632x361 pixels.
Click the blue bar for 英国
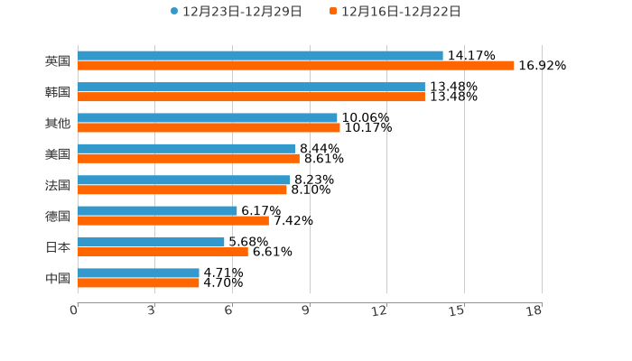260,56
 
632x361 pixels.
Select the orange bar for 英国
296,66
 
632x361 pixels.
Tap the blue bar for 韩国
251,87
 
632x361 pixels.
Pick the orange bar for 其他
209,127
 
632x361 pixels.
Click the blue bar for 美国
187,149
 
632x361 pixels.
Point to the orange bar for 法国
182,190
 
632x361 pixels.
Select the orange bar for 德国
173,220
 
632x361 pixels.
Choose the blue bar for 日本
151,242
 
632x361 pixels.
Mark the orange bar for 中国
138,282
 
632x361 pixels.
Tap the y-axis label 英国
58,61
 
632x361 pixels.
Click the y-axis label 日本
58,247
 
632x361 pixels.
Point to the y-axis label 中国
58,278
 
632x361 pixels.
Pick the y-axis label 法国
58,185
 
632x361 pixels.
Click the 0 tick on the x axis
74,311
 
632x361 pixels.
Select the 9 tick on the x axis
306,311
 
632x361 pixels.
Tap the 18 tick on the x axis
534,311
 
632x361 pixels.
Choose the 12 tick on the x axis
380,311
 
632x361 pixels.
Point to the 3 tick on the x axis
152,311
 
